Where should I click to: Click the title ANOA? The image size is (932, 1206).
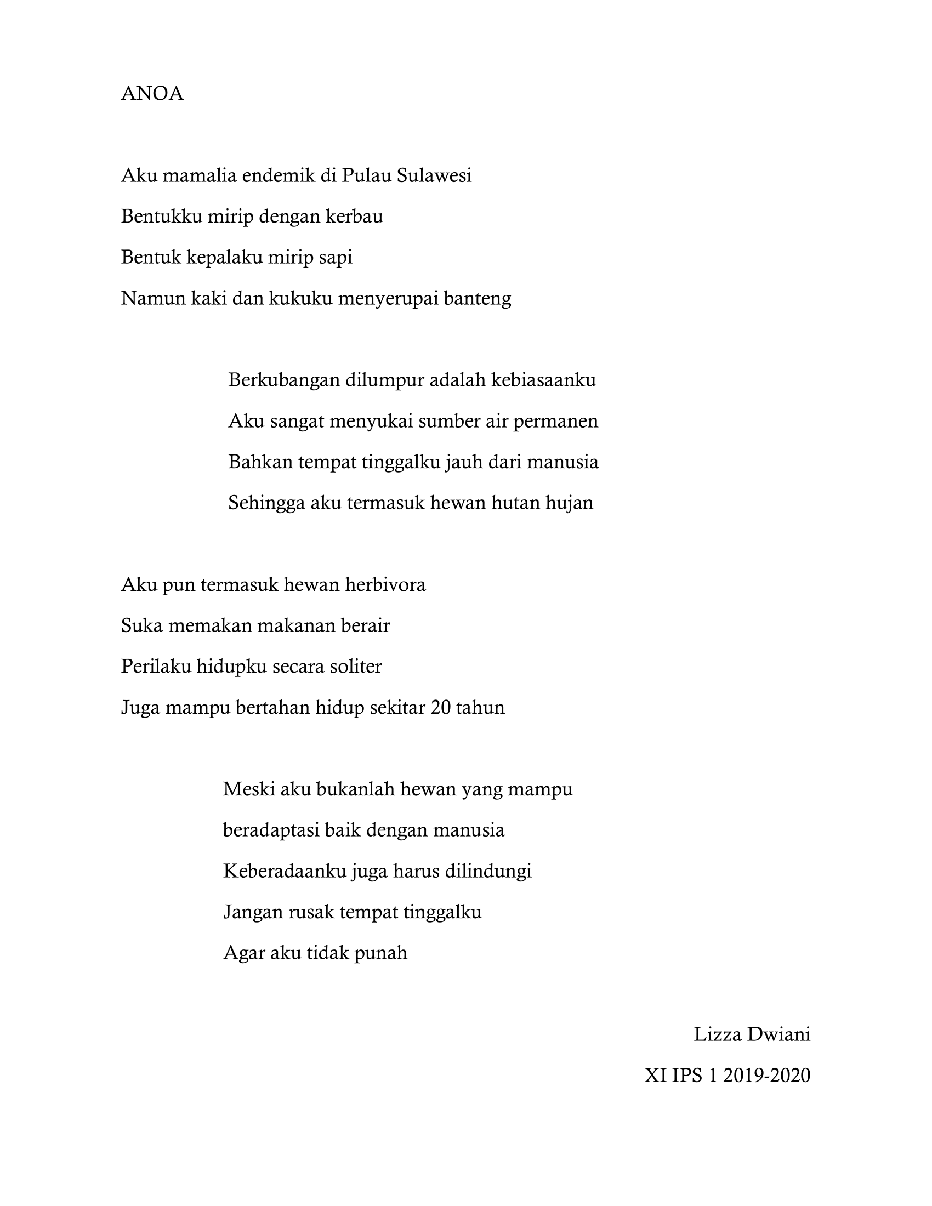pos(152,94)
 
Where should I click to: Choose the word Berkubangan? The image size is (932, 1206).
pos(284,380)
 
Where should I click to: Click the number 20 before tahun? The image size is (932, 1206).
pos(441,707)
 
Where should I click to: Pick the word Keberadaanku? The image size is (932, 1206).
pos(285,871)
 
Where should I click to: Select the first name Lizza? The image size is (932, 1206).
pos(717,1034)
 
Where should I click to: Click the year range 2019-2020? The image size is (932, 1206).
pos(766,1075)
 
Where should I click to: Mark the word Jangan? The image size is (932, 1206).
pos(253,912)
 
